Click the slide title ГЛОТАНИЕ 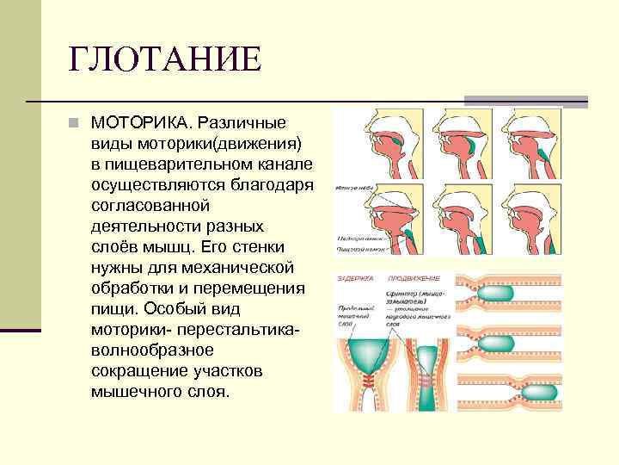click(164, 60)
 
